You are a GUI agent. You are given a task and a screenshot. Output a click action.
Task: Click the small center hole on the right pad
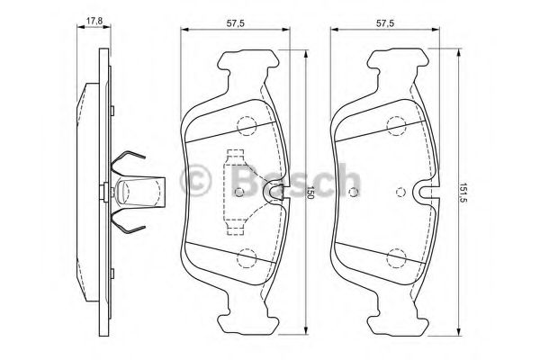click(400, 191)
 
